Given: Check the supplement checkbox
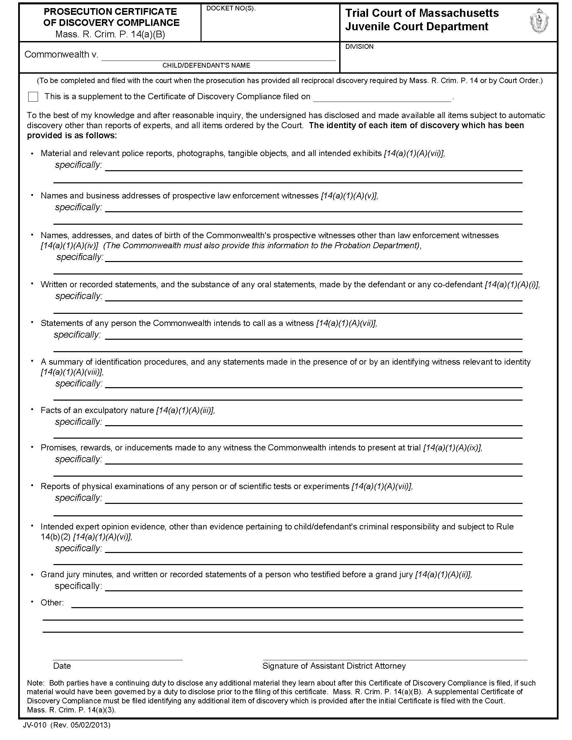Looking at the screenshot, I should point(33,97).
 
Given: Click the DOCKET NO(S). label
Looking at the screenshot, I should point(231,9).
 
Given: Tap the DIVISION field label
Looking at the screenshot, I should point(359,47).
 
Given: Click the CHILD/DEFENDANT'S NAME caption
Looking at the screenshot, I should point(206,65).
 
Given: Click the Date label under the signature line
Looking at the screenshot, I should point(62,666).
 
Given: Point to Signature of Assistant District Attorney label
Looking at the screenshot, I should point(334,666).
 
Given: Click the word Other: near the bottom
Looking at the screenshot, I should point(52,602).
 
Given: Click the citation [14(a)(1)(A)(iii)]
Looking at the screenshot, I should point(185,410).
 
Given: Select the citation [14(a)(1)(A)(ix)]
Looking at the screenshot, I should point(452,448).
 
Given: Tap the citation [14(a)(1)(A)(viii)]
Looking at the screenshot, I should point(71,372).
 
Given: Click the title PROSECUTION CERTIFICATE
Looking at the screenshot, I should point(110,12).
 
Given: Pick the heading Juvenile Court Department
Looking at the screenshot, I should point(417,27).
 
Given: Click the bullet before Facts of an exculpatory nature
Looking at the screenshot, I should point(32,409).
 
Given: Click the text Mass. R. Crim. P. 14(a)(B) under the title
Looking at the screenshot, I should point(110,34).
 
